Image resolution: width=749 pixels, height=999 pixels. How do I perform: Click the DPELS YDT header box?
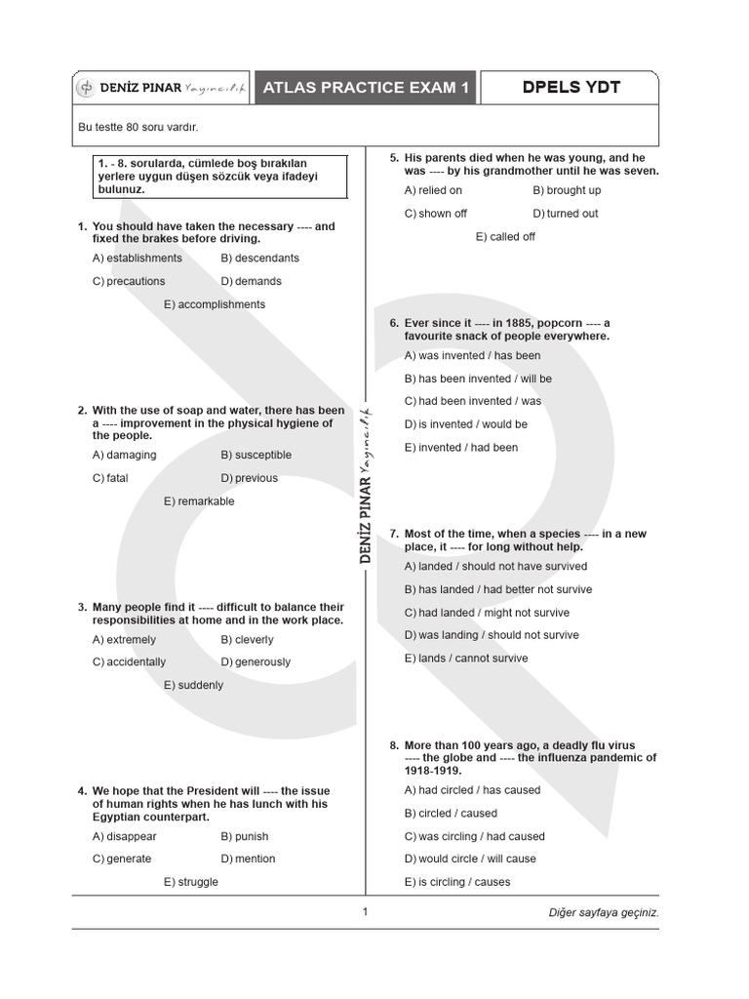(571, 88)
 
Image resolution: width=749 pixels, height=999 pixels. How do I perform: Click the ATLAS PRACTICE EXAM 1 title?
(366, 88)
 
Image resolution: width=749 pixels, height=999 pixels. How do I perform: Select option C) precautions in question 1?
(129, 281)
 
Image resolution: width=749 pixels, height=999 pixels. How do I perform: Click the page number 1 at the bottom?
(365, 912)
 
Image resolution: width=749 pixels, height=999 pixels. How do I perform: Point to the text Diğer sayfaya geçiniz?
(604, 913)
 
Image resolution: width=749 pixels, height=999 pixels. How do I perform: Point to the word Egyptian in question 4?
(118, 817)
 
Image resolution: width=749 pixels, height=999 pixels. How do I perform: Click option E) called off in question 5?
(505, 236)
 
